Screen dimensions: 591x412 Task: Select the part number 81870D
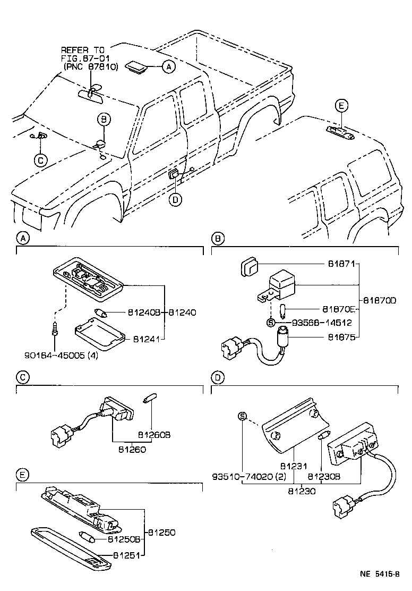[381, 300]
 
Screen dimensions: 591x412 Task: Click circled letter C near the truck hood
[39, 159]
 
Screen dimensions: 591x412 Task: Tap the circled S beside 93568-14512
[270, 322]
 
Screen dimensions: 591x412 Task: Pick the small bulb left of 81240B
[100, 313]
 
